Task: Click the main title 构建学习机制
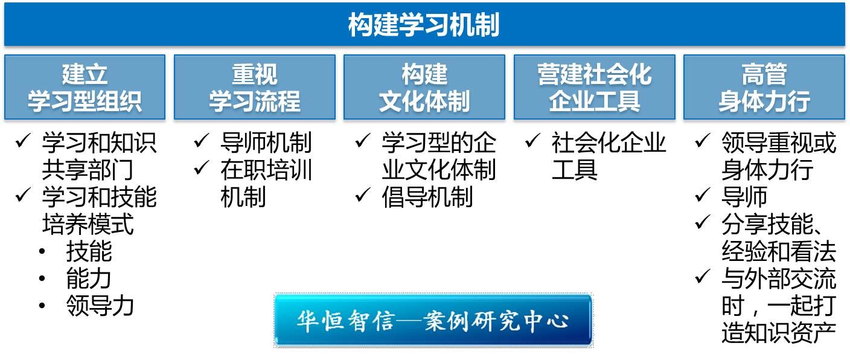click(424, 25)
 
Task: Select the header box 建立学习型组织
click(85, 88)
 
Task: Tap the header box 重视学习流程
click(255, 88)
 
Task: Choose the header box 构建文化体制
click(424, 88)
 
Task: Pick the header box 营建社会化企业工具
click(595, 88)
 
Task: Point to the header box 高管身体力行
click(764, 88)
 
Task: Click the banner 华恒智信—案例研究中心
click(433, 321)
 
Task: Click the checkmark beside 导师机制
click(202, 141)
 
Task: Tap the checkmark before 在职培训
click(202, 169)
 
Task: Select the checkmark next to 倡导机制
click(363, 195)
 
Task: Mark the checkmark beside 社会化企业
click(533, 141)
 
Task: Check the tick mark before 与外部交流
click(703, 277)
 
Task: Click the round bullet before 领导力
click(42, 306)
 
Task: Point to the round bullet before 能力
click(42, 278)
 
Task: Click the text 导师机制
click(266, 143)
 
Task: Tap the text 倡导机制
click(427, 197)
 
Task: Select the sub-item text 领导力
click(100, 306)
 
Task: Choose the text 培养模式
click(88, 224)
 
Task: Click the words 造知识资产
click(779, 333)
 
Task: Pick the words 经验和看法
click(779, 251)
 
